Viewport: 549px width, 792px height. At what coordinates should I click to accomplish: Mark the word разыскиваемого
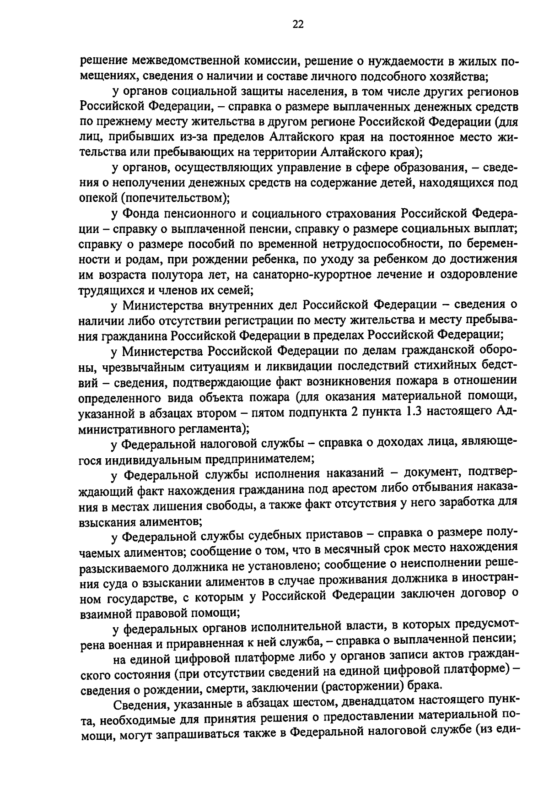123,564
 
